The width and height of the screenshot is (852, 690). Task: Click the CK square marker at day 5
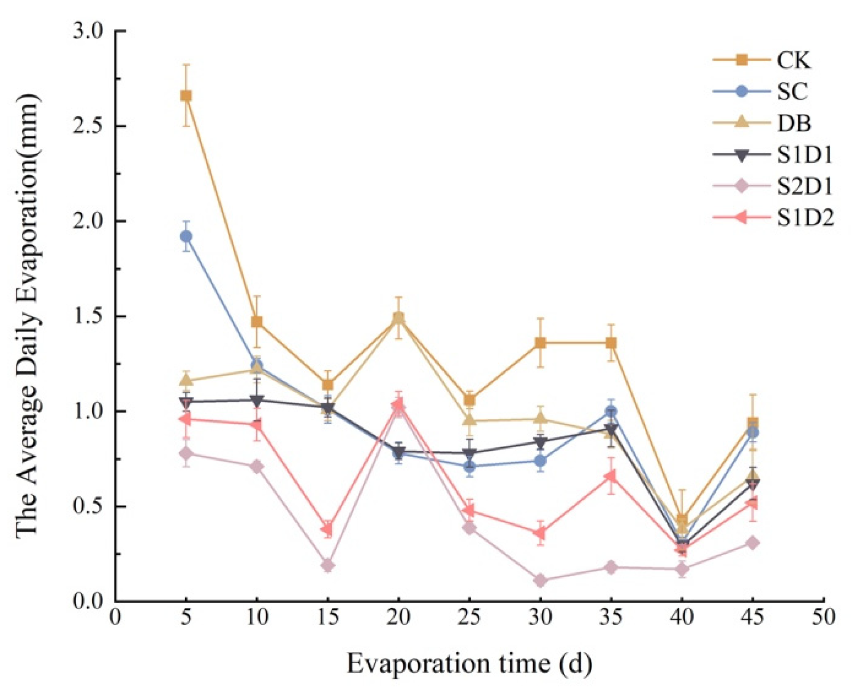[186, 96]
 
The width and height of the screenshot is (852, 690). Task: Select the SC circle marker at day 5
[186, 236]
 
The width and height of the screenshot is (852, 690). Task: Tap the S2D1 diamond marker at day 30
[540, 580]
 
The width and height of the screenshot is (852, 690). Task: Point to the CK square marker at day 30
[540, 343]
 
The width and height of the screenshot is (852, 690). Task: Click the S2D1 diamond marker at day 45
[753, 543]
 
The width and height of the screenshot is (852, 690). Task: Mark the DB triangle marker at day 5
[186, 381]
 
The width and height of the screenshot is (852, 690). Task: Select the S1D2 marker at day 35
[610, 476]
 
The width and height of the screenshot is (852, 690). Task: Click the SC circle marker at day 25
[469, 467]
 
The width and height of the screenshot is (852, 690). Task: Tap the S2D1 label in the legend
[805, 187]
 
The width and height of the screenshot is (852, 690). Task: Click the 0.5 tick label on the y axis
[88, 507]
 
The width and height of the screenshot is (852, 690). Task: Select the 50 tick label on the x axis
[823, 617]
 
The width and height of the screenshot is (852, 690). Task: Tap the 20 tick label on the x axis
[398, 617]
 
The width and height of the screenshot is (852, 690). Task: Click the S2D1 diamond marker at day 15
[328, 565]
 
